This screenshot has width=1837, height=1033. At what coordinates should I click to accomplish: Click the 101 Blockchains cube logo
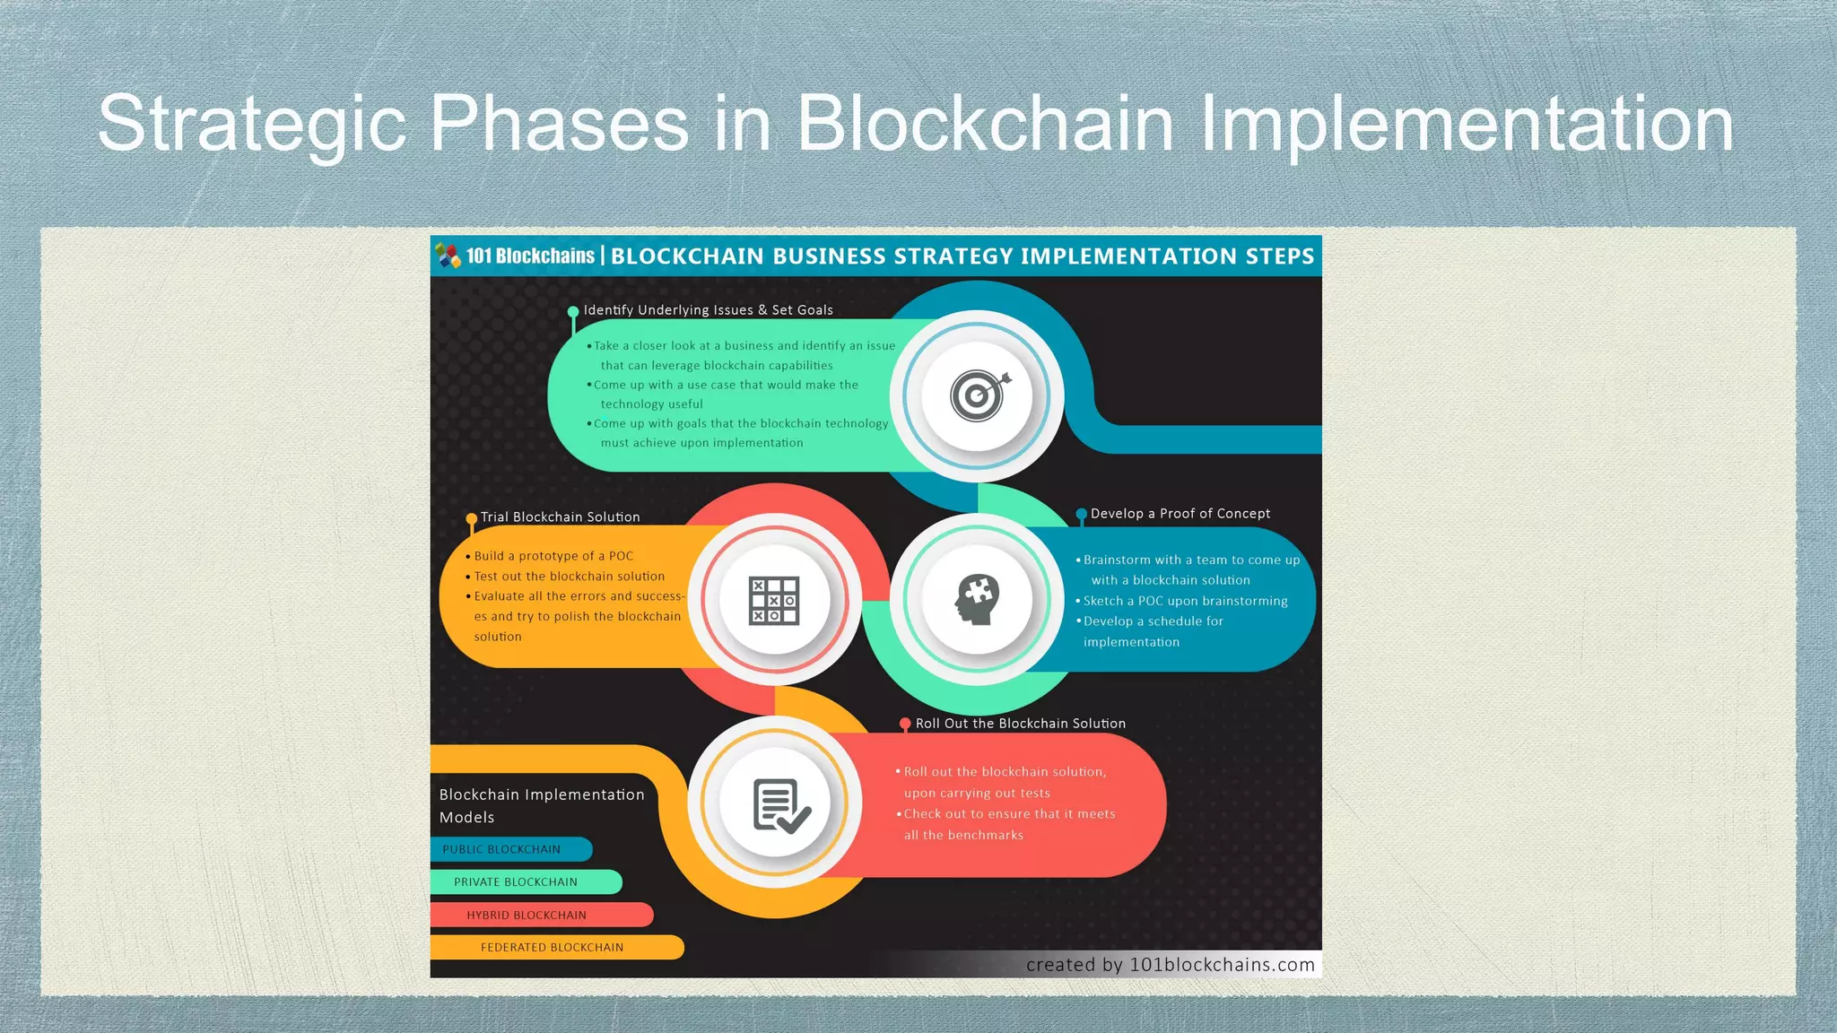pos(448,256)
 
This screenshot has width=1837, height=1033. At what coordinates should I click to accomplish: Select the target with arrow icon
pos(979,395)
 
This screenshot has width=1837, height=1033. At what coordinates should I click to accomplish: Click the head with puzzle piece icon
pos(977,599)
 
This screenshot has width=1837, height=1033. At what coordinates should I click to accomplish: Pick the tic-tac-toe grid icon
pos(773,600)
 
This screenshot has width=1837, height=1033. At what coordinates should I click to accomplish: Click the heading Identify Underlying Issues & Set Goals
pos(708,310)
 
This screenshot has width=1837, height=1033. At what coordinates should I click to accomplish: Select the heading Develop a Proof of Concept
pos(1180,514)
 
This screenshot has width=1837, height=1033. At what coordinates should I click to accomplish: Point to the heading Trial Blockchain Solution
pos(560,517)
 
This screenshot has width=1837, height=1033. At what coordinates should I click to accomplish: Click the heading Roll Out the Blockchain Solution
pos(1020,724)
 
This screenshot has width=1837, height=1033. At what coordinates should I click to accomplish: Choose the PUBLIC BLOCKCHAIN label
pos(501,849)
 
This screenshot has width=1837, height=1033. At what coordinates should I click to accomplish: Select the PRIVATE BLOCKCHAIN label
pos(515,882)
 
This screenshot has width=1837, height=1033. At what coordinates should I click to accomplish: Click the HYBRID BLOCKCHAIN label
pos(526,916)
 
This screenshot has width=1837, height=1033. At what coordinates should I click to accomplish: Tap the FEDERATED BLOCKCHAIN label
pos(552,948)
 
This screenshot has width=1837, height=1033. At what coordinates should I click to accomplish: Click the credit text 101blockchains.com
pos(1222,965)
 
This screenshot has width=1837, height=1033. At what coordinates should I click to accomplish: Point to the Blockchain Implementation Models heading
pos(541,805)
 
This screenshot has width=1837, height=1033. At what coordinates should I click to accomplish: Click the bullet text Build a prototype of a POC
pos(553,556)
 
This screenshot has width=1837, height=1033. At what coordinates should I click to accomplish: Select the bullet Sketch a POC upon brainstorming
pos(1184,601)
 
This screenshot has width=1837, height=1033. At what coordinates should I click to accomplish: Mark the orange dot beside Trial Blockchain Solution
pos(472,519)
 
